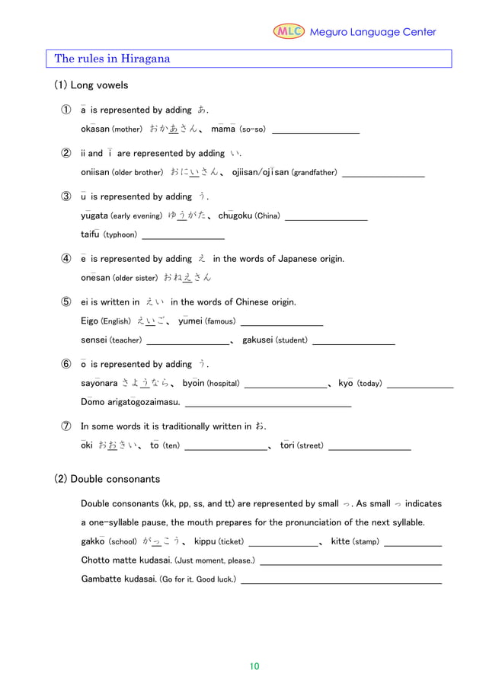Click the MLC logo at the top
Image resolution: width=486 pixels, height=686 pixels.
coord(289,31)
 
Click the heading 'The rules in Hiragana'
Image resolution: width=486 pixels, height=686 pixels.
coord(112,59)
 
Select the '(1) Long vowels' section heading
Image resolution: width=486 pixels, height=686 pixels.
coord(91,85)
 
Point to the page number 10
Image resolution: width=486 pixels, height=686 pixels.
coord(254,666)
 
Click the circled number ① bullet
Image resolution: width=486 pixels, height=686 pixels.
coord(67,110)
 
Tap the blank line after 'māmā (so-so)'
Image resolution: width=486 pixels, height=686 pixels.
coord(315,132)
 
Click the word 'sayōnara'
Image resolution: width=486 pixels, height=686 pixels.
coord(99,383)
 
